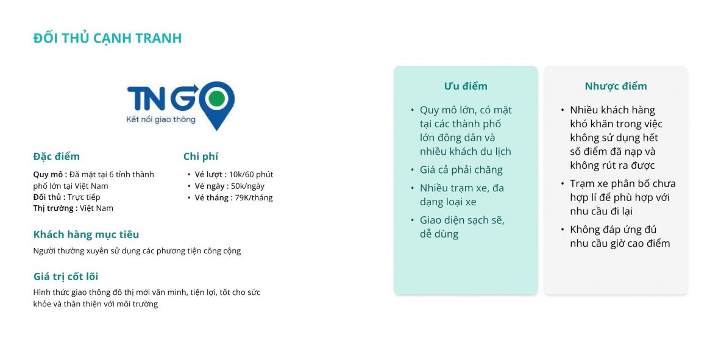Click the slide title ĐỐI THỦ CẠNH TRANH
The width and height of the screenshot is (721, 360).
tap(108, 38)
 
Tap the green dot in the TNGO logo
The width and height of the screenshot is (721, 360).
tap(216, 99)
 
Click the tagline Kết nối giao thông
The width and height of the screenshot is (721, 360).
tap(160, 119)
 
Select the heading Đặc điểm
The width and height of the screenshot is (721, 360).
tap(57, 157)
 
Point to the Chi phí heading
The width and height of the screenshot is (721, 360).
tap(201, 157)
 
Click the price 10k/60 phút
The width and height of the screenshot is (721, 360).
tap(251, 174)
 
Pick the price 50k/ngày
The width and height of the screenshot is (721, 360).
tap(248, 186)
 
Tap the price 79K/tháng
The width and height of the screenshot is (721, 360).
tap(254, 198)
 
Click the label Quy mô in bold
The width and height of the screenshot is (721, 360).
tap(50, 175)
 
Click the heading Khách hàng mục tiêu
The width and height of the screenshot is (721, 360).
tap(86, 235)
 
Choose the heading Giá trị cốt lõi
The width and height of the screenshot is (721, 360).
tap(66, 277)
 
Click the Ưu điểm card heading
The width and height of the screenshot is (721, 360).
tap(466, 86)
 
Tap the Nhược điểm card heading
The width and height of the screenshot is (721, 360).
tap(616, 86)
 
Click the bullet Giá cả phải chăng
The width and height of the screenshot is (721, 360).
tap(461, 170)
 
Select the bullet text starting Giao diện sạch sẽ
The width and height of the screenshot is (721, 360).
tap(462, 227)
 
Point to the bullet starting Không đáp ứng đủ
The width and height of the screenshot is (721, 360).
tap(620, 236)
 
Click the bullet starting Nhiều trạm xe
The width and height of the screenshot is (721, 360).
tap(461, 195)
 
